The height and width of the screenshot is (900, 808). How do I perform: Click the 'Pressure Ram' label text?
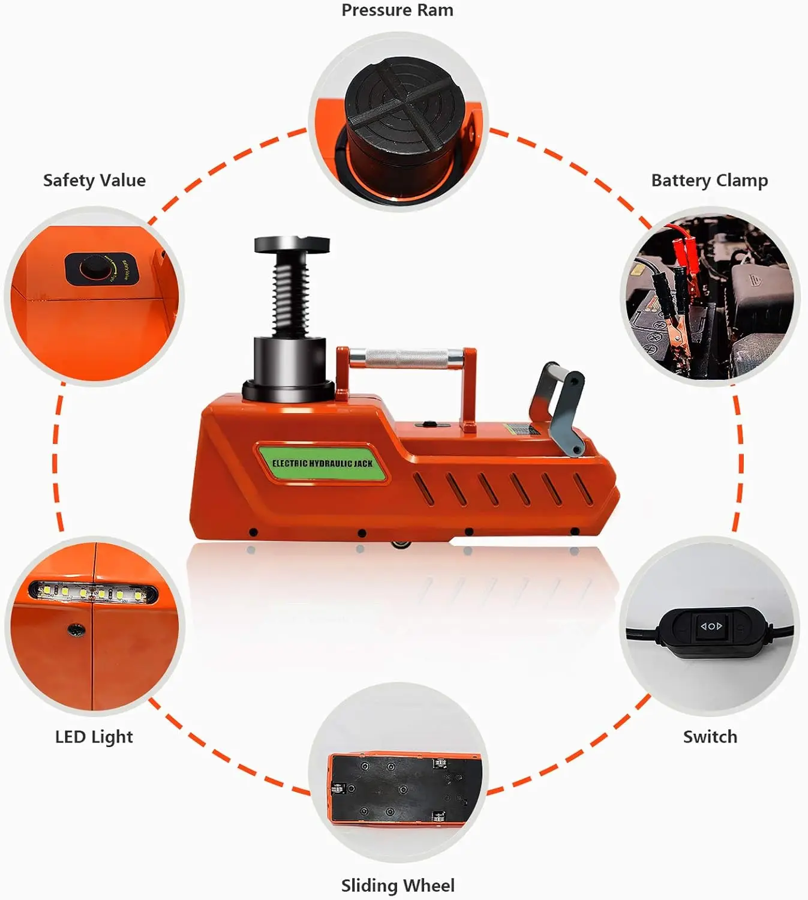click(397, 10)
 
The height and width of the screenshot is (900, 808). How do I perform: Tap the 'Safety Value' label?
click(94, 180)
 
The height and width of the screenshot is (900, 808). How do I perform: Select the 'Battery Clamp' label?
click(709, 180)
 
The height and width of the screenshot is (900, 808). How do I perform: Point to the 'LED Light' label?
click(94, 736)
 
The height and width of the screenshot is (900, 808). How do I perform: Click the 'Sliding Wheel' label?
click(398, 885)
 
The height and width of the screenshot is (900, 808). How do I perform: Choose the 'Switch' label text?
click(710, 736)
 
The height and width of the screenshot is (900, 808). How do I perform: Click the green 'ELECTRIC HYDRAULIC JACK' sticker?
click(322, 463)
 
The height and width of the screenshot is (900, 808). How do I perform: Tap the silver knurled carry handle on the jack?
click(407, 359)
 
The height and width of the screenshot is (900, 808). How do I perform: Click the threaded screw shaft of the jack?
click(291, 294)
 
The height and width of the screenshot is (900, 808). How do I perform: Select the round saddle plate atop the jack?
click(292, 245)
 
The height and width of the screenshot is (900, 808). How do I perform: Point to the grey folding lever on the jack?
click(561, 408)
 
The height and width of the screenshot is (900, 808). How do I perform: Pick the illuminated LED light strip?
click(93, 593)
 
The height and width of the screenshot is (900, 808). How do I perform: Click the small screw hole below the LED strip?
click(76, 629)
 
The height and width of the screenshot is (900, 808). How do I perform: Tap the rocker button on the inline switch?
click(711, 626)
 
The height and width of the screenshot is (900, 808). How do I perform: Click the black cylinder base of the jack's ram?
click(289, 363)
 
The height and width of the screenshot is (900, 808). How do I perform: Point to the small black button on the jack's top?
click(427, 424)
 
